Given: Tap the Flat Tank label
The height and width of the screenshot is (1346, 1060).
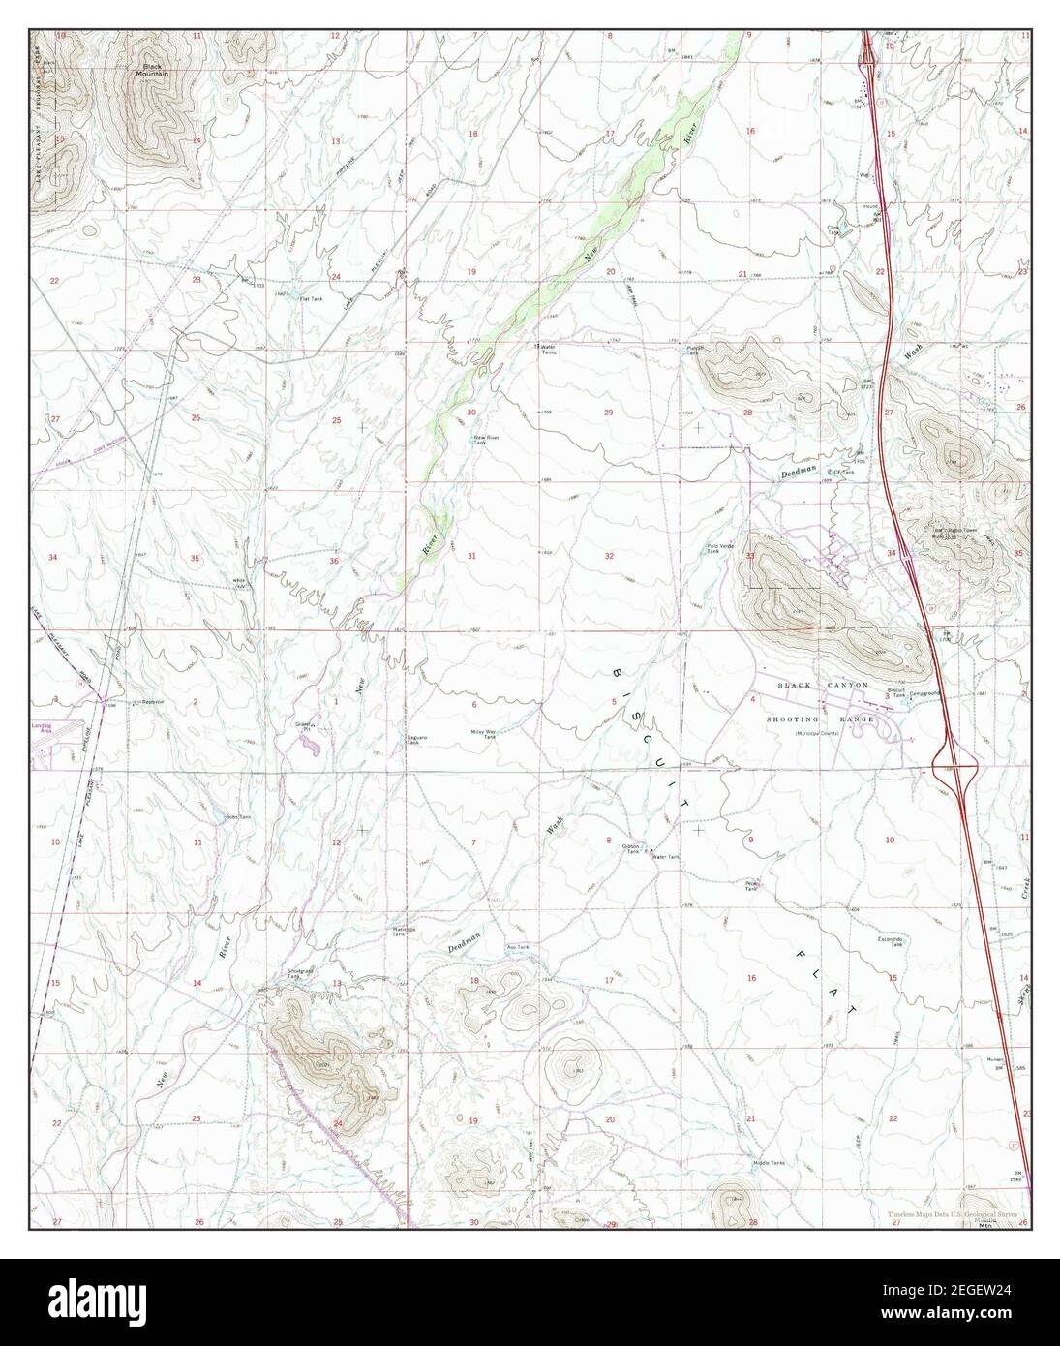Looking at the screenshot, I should (310, 298).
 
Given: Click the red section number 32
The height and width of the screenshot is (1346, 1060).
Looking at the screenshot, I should (610, 557).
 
